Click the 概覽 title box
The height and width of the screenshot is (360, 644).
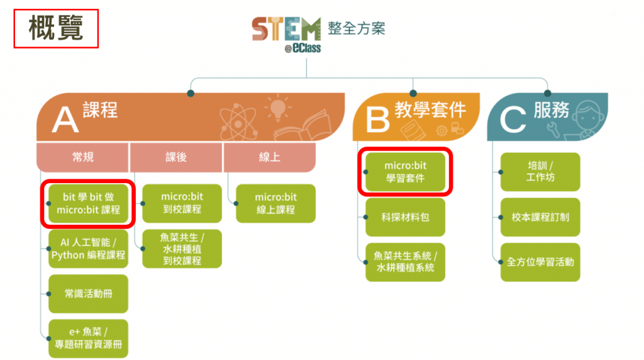click(56, 28)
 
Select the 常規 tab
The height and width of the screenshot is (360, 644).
click(82, 157)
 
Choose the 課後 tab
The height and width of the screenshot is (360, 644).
click(176, 157)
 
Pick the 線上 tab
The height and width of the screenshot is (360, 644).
click(269, 157)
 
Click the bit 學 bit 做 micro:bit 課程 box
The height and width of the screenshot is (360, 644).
click(88, 203)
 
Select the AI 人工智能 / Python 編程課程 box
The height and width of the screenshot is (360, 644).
click(88, 249)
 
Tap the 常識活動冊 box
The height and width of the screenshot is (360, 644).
click(88, 293)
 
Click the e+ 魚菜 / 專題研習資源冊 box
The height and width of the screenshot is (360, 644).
click(88, 338)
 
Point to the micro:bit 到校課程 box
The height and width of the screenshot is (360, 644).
click(182, 203)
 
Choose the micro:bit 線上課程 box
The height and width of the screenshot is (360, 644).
click(275, 203)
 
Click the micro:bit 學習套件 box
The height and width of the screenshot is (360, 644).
click(406, 172)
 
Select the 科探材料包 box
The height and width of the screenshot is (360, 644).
click(406, 217)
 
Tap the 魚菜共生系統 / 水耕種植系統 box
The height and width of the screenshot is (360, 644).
click(406, 262)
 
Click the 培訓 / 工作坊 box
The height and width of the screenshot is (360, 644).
click(540, 172)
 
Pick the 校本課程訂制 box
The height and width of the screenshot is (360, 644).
click(540, 217)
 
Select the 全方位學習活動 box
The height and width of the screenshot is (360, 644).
click(540, 262)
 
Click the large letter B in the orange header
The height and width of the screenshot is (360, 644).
click(377, 119)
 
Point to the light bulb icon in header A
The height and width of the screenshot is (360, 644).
click(277, 108)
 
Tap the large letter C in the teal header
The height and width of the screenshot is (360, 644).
click(513, 119)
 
